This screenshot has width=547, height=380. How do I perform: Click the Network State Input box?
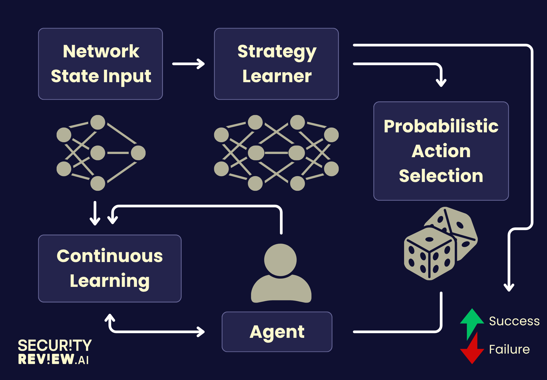click(100, 64)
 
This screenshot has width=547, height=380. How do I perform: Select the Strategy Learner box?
click(276, 64)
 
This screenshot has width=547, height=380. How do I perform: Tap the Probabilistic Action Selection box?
click(441, 151)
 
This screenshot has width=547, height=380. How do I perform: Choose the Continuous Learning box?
click(110, 268)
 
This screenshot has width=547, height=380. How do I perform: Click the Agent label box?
click(277, 332)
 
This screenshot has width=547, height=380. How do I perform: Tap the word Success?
click(514, 321)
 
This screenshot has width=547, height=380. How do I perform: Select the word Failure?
click(509, 349)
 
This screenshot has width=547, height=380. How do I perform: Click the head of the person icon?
click(280, 260)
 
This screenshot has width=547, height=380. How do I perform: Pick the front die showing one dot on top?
click(429, 254)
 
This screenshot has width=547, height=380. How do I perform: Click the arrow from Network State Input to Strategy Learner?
click(189, 64)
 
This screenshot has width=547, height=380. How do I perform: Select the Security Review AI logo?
click(55, 352)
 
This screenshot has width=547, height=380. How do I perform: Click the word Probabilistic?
click(441, 126)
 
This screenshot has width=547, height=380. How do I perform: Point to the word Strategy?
click(277, 52)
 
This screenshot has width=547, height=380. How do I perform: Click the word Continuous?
click(110, 256)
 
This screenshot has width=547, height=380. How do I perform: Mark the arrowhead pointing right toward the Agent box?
click(200, 332)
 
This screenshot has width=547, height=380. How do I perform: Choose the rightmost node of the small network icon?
click(138, 153)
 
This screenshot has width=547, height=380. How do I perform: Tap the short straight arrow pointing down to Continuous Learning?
click(95, 213)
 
